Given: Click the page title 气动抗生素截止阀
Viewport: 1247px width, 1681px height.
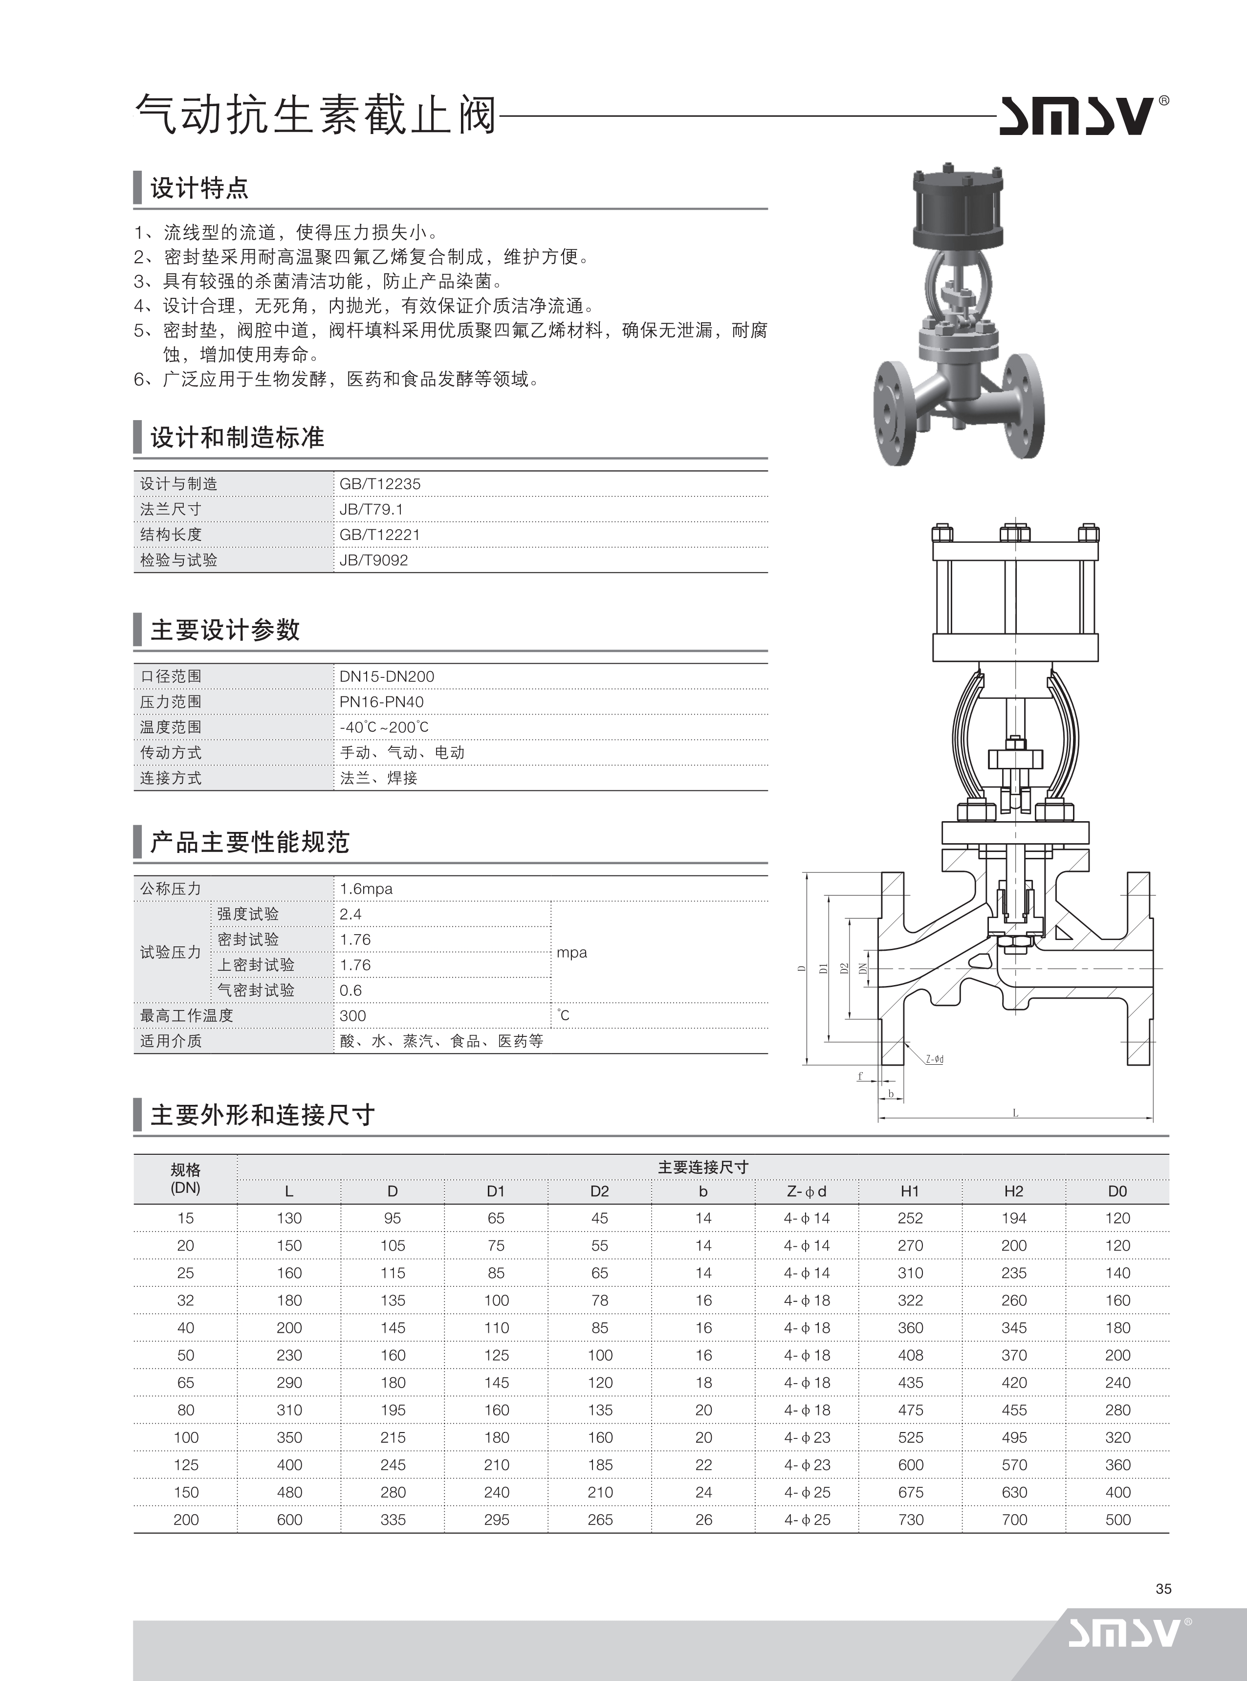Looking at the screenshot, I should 315,115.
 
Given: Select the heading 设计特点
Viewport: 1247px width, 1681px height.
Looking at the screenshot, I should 199,187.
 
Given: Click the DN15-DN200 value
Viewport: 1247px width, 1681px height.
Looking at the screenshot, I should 387,676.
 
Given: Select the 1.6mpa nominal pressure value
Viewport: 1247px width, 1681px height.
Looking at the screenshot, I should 366,889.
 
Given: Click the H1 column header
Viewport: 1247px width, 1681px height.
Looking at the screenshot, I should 910,1191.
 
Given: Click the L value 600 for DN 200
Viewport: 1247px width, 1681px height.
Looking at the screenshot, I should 289,1520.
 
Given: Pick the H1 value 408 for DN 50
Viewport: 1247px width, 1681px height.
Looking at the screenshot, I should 910,1355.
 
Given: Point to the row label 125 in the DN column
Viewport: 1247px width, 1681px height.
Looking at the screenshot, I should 186,1465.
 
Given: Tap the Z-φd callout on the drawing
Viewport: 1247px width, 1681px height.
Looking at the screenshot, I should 935,1059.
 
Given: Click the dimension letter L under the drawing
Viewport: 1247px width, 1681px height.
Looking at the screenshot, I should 1015,1112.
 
